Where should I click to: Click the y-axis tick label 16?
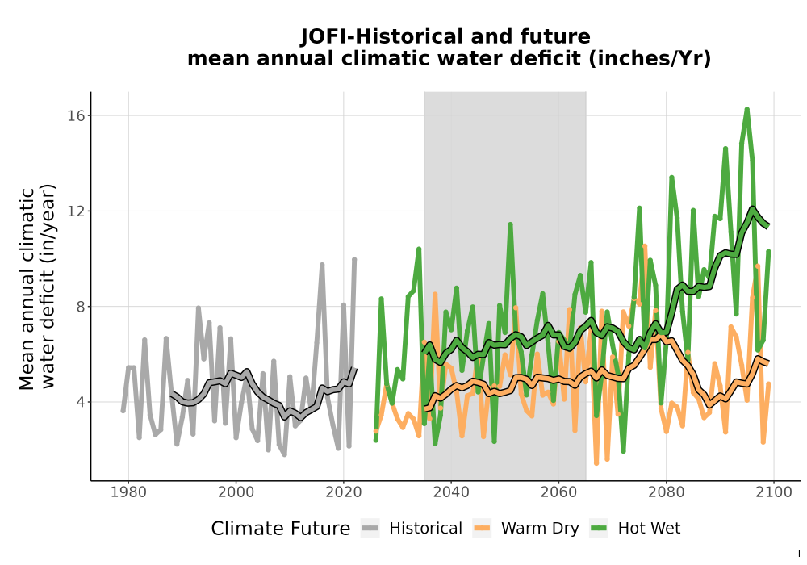click(76, 115)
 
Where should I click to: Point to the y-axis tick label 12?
click(76, 211)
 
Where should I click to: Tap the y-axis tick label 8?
click(80, 307)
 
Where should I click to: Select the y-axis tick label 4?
click(80, 402)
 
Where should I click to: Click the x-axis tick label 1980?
click(128, 492)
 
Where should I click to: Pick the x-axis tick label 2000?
click(236, 492)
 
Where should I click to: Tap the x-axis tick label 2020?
click(343, 492)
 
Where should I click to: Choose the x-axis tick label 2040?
click(451, 492)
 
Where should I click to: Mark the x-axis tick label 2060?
click(558, 492)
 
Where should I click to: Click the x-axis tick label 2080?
click(666, 492)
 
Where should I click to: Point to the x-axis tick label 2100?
click(774, 492)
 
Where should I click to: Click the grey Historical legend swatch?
click(370, 529)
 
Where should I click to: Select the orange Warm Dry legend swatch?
click(482, 529)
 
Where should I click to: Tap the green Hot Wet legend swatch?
click(599, 529)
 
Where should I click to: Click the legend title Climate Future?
click(281, 529)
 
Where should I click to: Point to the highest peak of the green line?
click(746, 110)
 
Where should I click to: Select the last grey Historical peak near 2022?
click(354, 260)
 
